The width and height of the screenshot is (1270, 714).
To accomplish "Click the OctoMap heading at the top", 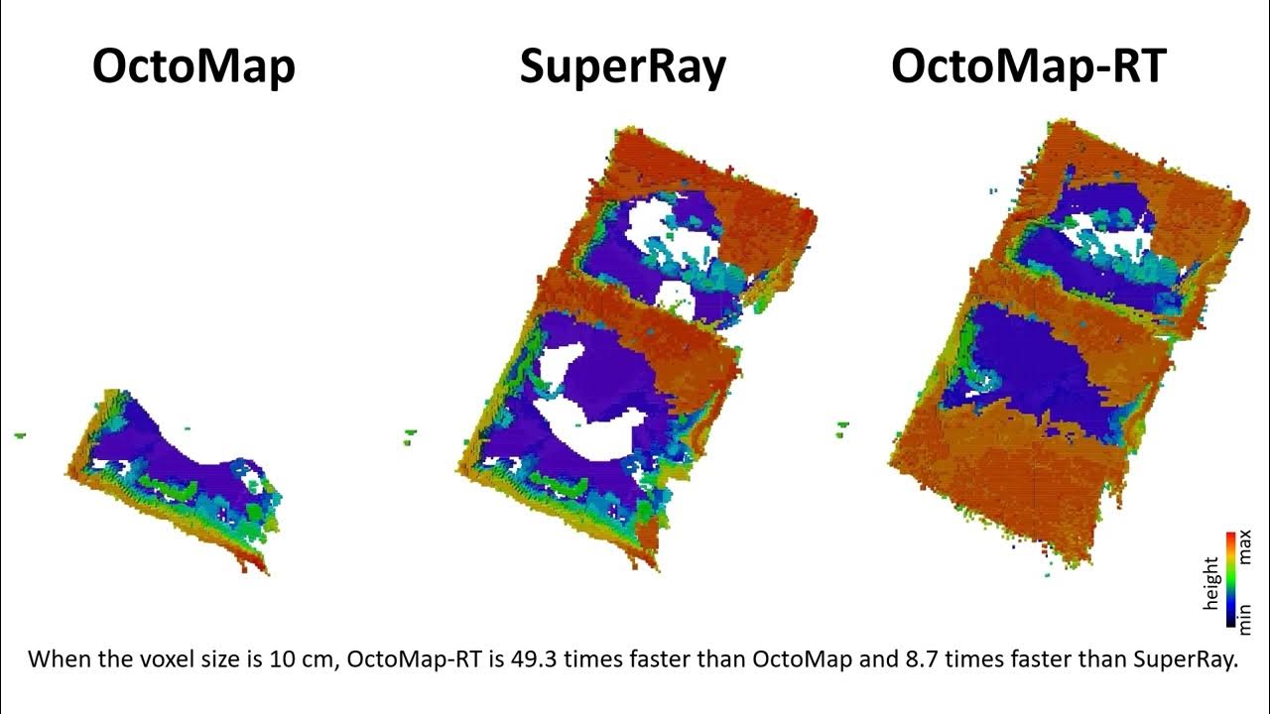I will click(193, 67).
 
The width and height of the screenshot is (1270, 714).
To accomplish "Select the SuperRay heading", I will click(622, 67).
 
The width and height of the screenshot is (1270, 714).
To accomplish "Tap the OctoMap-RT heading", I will click(1028, 67).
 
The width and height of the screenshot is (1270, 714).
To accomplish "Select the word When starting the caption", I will click(56, 659).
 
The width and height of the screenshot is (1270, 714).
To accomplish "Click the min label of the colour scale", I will click(1246, 614).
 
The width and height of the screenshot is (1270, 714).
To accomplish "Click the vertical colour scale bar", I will click(1230, 580).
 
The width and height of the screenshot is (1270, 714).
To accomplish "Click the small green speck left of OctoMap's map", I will click(19, 434).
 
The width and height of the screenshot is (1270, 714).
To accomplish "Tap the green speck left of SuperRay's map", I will click(411, 432).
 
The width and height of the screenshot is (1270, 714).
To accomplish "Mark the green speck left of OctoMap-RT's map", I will click(841, 428).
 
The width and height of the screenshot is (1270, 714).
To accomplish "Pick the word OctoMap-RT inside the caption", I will click(397, 659).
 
